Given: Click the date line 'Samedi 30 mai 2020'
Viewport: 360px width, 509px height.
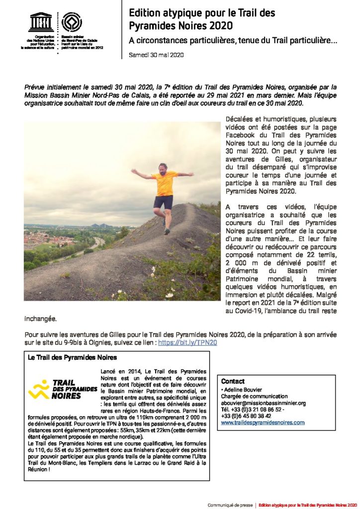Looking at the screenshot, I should tap(156, 55).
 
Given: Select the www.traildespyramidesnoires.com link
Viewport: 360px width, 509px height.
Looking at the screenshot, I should tap(263, 422).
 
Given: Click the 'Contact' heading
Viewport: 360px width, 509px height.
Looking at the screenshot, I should tap(233, 381).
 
